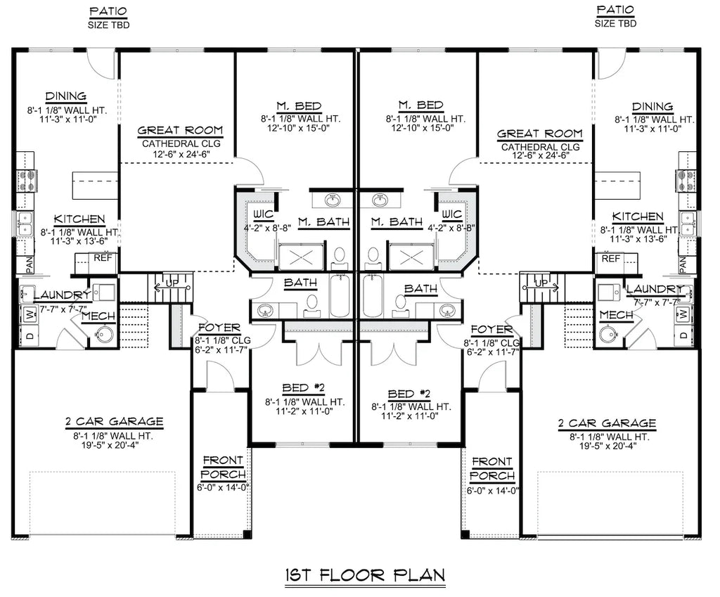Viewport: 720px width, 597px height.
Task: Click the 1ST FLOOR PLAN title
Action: point(365,575)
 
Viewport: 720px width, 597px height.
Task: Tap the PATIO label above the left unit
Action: point(108,11)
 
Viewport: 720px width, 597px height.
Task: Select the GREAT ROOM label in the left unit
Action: point(180,130)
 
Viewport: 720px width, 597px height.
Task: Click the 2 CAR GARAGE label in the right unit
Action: point(607,423)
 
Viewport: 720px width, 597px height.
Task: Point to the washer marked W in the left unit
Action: point(30,314)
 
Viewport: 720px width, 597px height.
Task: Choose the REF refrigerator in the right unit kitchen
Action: point(611,259)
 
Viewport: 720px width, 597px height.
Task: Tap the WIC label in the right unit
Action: point(452,214)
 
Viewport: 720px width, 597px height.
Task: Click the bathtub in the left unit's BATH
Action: point(339,297)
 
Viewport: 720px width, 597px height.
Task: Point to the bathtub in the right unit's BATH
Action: point(373,297)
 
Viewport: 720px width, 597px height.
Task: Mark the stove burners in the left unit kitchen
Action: point(26,180)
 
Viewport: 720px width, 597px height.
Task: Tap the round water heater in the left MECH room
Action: point(105,335)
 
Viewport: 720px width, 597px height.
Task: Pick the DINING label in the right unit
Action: point(652,107)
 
